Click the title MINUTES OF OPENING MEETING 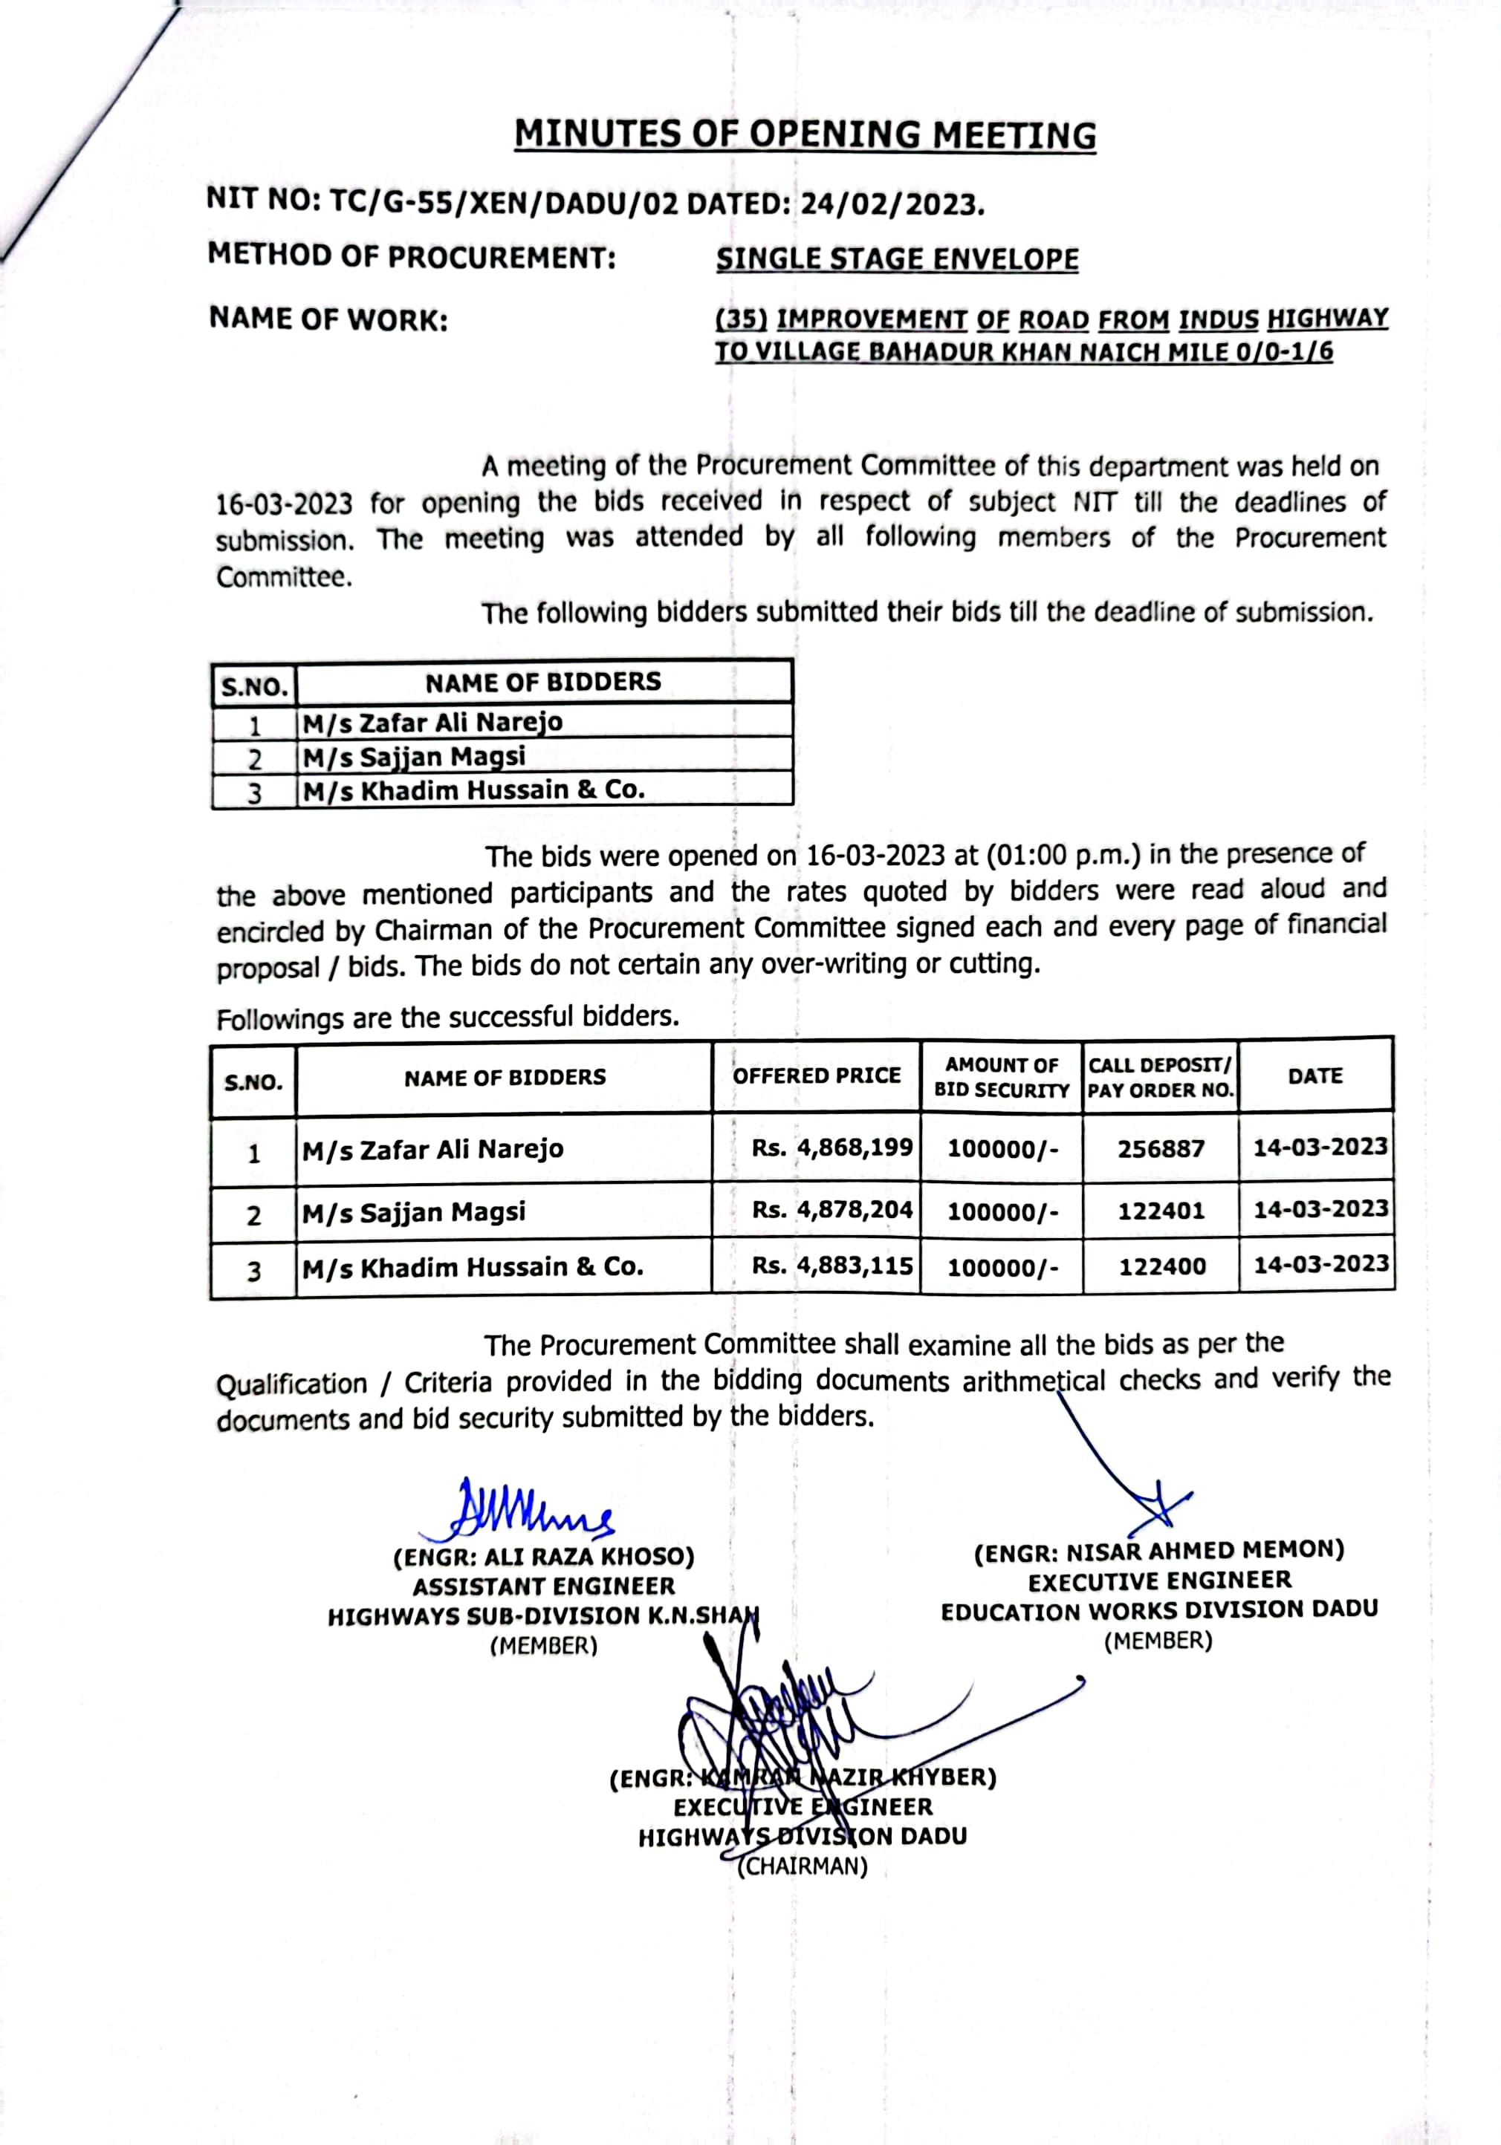point(805,134)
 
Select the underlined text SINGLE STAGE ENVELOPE point(897,258)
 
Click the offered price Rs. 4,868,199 point(831,1148)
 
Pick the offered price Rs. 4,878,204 point(831,1210)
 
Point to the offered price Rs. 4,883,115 point(831,1266)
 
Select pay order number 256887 point(1161,1148)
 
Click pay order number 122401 point(1161,1211)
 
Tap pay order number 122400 point(1161,1267)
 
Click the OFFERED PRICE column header point(816,1075)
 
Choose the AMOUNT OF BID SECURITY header point(1001,1077)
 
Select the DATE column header point(1315,1076)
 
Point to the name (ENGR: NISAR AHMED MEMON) point(1159,1552)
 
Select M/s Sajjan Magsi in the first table point(414,756)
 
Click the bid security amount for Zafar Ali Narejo point(1002,1148)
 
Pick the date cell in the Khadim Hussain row point(1320,1265)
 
